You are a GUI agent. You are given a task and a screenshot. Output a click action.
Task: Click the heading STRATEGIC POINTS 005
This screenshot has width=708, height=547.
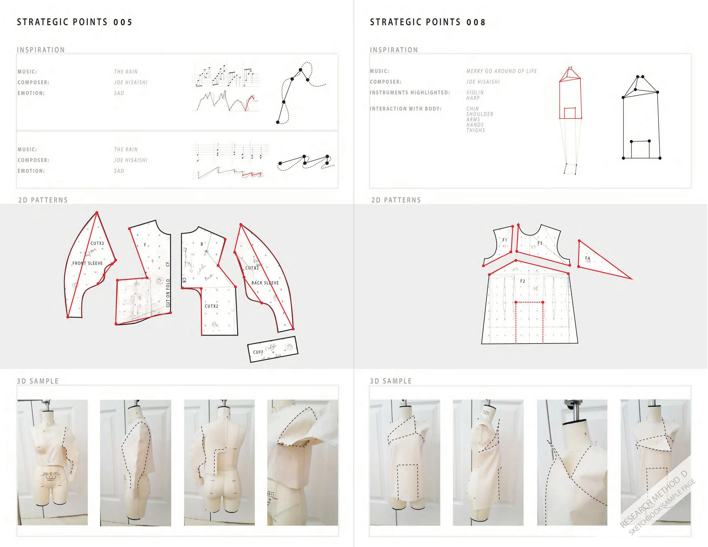74,22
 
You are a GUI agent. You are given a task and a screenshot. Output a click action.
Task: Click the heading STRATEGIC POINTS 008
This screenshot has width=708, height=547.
428,22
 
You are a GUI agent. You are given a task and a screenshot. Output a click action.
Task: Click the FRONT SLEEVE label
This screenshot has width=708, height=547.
87,263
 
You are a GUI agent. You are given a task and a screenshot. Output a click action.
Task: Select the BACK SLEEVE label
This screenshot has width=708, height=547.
265,283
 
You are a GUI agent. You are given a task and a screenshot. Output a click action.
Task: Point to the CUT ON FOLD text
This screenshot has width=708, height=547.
168,293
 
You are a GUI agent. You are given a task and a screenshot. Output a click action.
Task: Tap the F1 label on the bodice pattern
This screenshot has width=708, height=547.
504,240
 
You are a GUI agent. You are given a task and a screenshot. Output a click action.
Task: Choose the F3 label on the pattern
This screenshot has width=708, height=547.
540,243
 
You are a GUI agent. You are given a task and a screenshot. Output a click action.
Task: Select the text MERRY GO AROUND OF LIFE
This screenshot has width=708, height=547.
501,71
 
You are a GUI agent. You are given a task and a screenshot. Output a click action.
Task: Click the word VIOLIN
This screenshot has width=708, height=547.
475,93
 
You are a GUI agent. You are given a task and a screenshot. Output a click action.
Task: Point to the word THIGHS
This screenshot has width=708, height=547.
475,130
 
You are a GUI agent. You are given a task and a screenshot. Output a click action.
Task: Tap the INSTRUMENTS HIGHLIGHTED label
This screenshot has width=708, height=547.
410,93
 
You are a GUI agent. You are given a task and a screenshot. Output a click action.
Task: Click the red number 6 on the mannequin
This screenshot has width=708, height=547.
51,474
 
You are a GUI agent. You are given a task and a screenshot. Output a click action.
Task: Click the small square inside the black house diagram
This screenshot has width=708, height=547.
640,150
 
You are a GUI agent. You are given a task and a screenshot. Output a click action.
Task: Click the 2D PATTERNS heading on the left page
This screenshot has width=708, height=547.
43,200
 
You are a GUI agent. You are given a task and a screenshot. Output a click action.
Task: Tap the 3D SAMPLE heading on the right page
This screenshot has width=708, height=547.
391,381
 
